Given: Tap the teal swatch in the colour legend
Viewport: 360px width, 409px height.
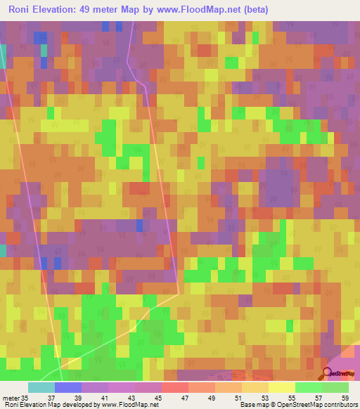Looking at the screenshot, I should point(41,387).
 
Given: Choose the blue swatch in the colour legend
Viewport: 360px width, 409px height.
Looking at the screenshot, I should point(67,387).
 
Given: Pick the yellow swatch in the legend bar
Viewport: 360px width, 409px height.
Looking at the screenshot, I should point(281,387).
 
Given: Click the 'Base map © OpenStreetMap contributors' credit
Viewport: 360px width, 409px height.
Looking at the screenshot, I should point(298,405).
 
